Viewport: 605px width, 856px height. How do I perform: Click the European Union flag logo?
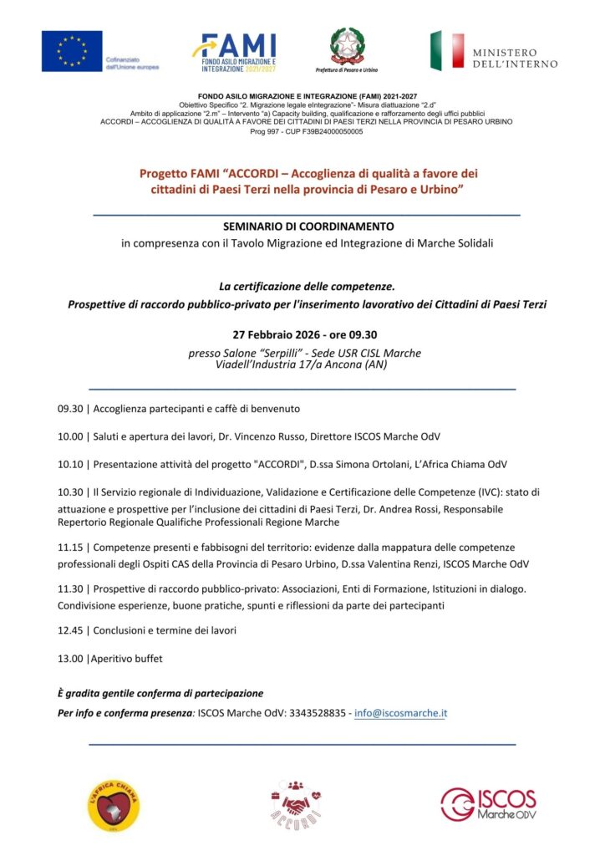[72, 51]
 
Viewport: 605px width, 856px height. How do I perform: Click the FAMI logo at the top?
[233, 52]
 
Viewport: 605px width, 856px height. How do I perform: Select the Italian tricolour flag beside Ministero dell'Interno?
[447, 51]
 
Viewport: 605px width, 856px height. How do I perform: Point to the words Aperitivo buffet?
[127, 659]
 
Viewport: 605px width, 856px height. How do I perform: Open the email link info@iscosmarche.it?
[401, 713]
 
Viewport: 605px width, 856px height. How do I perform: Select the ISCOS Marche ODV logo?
[488, 803]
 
